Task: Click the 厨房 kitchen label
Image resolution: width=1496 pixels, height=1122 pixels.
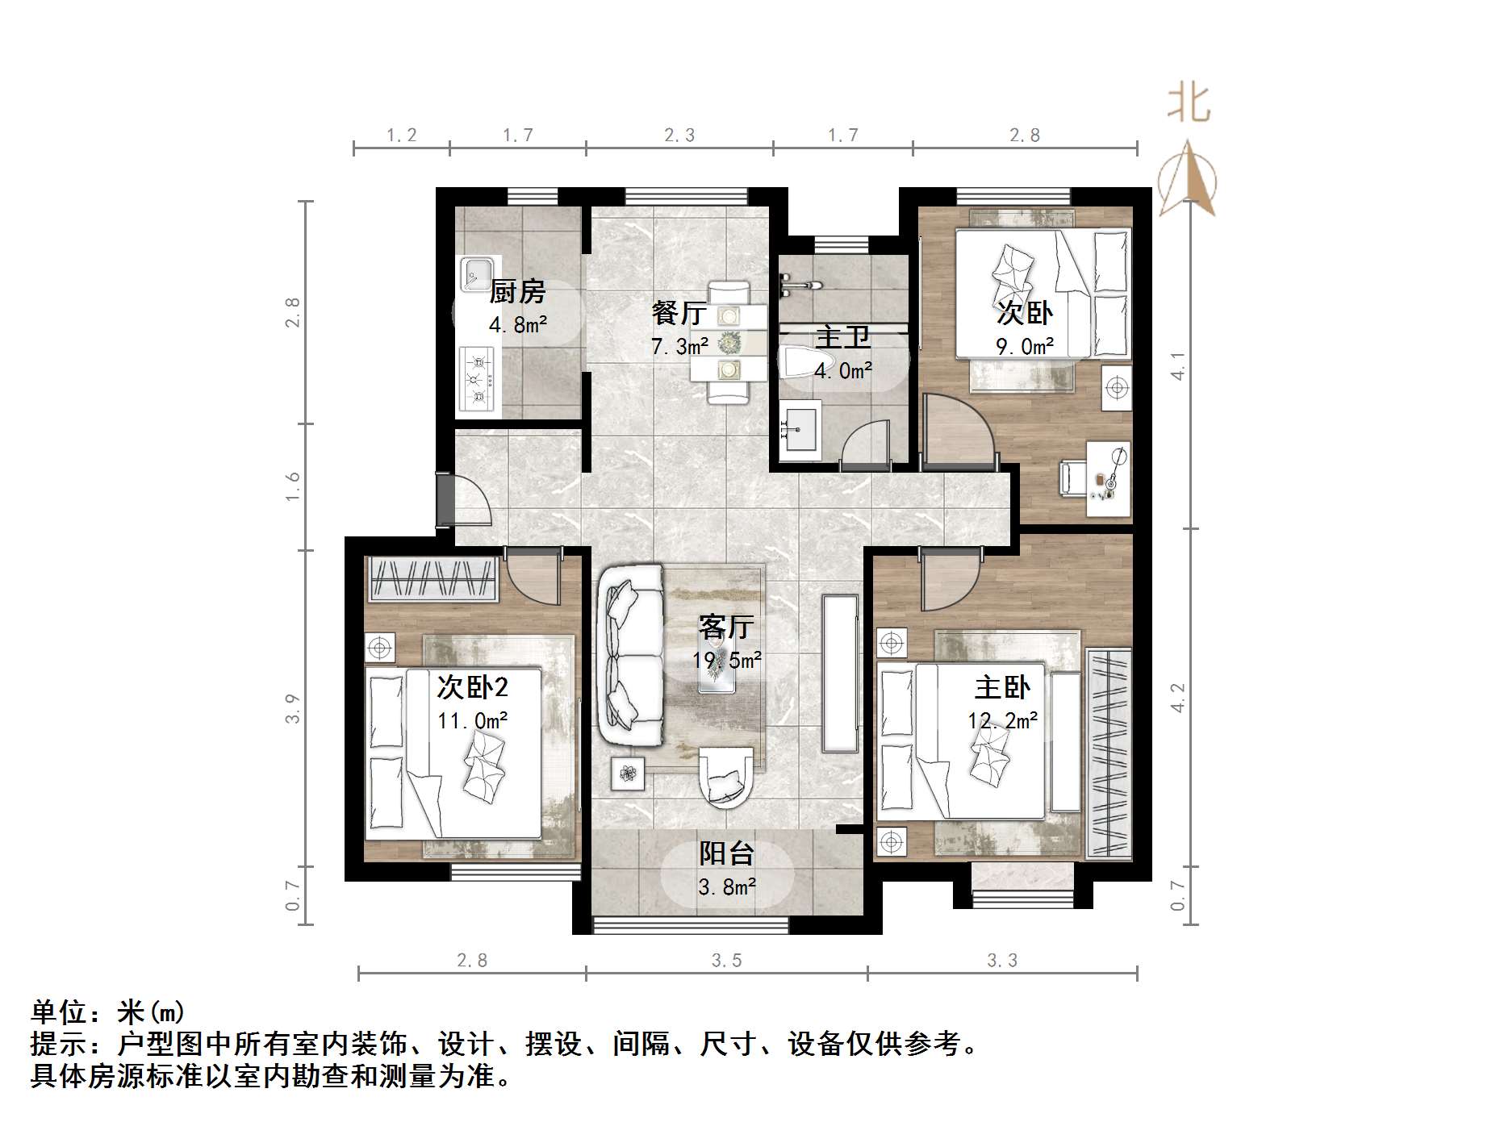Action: point(517,291)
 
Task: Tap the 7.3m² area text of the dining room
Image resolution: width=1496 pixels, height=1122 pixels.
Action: point(679,347)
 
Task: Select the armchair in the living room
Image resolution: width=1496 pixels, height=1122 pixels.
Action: point(726,778)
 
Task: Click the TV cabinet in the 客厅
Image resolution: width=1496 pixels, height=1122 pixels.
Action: point(840,674)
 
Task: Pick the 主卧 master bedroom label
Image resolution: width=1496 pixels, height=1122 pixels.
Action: point(1002,687)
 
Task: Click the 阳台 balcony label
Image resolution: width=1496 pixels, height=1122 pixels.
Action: point(726,853)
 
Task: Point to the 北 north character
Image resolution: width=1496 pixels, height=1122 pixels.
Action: point(1189,103)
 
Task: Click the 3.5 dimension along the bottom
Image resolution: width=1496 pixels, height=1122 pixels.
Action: point(726,961)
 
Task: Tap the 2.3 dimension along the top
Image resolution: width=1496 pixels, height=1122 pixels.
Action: point(679,136)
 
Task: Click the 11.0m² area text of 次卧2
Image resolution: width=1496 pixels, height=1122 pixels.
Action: point(472,720)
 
